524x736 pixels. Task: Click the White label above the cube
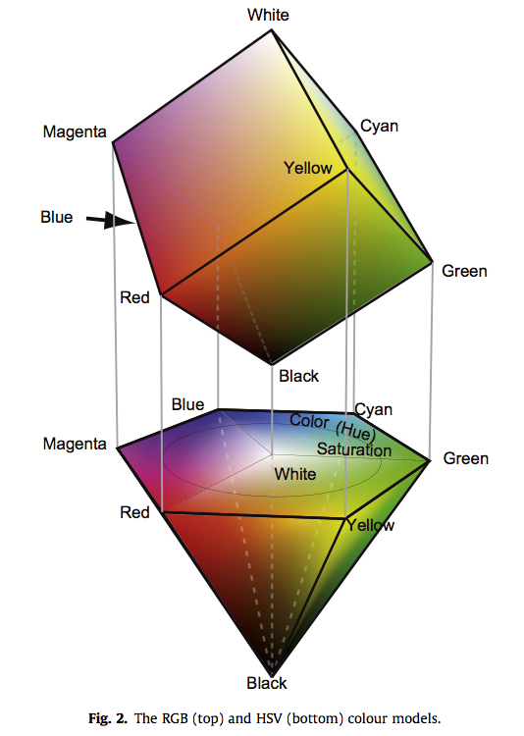click(x=268, y=15)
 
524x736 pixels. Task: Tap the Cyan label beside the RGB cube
click(x=380, y=127)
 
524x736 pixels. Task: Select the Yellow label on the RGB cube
click(x=308, y=168)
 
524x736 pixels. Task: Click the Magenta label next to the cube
click(x=75, y=131)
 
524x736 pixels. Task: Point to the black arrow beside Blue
click(x=110, y=220)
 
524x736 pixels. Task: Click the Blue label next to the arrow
click(x=57, y=217)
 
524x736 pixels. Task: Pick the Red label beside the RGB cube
click(x=134, y=297)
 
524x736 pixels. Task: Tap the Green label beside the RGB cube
click(x=464, y=271)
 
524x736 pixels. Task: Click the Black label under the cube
click(x=298, y=376)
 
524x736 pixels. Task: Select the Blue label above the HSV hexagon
click(x=187, y=404)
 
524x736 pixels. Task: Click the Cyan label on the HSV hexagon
click(x=373, y=410)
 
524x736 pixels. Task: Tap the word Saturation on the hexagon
click(x=354, y=449)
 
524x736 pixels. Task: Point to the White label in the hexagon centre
click(x=294, y=474)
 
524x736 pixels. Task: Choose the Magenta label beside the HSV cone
click(x=75, y=444)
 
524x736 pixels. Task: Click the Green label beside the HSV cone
click(x=466, y=458)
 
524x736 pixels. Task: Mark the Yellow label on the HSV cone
click(x=371, y=525)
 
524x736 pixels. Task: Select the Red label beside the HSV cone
click(x=134, y=512)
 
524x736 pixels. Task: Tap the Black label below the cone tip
click(x=267, y=683)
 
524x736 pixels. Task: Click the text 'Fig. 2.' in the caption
click(x=108, y=718)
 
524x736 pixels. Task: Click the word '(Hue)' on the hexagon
click(x=356, y=431)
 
